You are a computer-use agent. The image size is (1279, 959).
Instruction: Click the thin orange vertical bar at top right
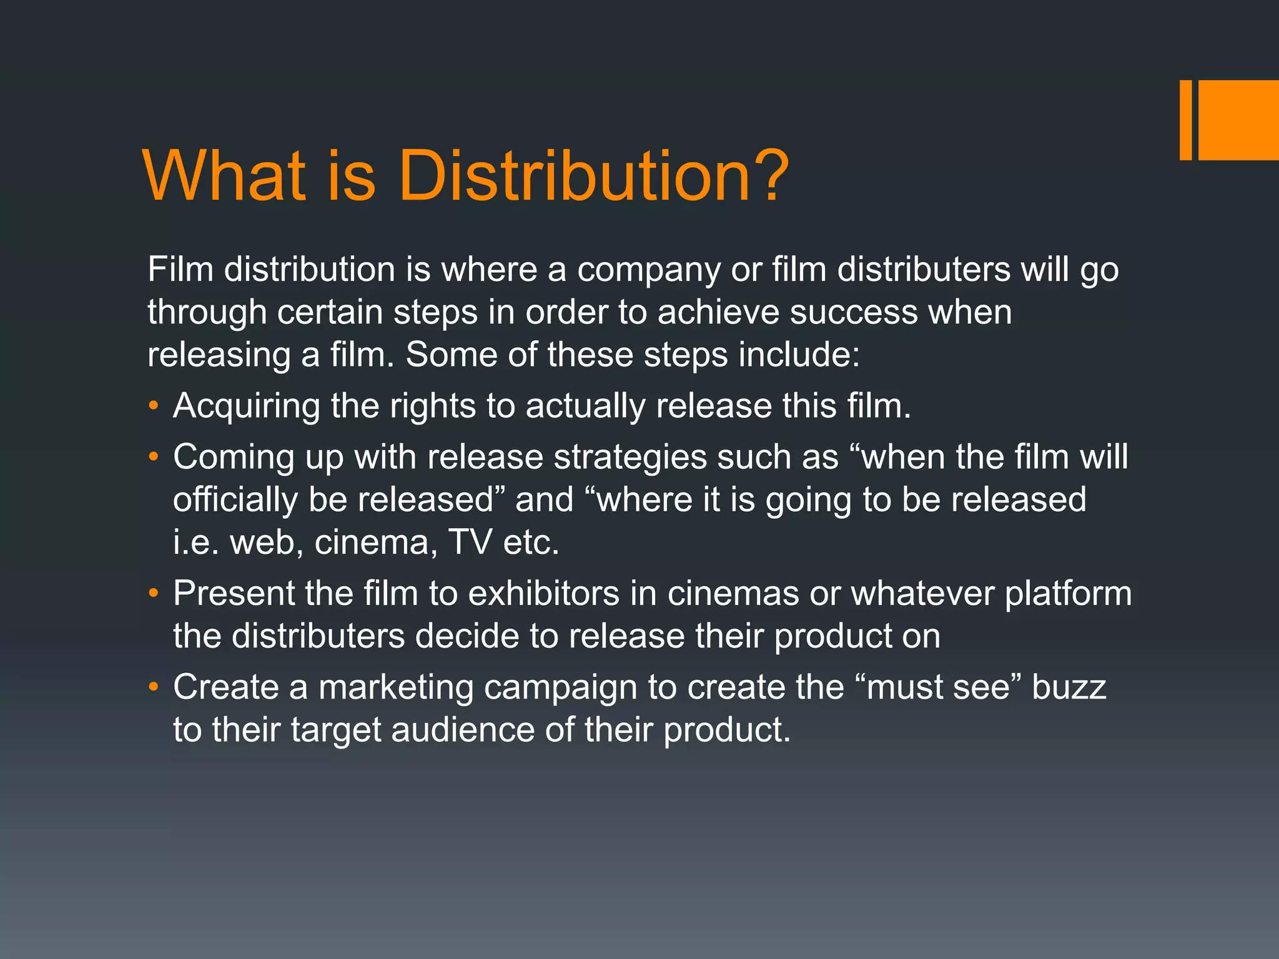(x=1185, y=120)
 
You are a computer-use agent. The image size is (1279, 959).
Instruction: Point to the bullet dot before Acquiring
(x=154, y=406)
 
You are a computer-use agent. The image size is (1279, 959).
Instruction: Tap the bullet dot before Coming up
(x=154, y=458)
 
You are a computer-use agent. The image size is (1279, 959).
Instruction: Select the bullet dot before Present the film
(x=154, y=594)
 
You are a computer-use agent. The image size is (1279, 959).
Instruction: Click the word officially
(x=235, y=500)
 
